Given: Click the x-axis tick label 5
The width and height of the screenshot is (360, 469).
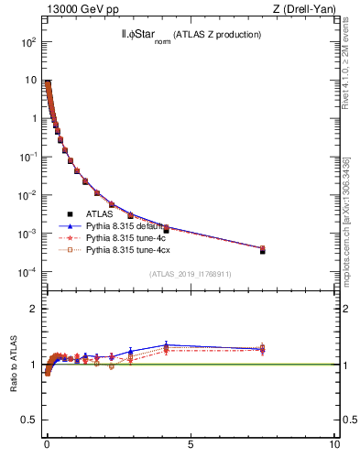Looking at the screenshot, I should (191, 446).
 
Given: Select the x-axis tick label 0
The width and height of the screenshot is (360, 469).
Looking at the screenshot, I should (47, 446).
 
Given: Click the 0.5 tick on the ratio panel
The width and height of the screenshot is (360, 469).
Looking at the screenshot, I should (29, 420).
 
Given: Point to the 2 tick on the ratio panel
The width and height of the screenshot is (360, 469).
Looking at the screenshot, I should (33, 309).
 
